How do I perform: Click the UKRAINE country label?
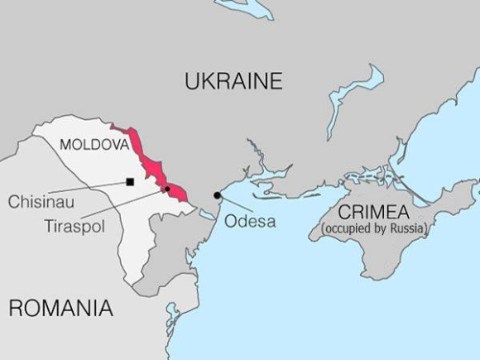pos(233,81)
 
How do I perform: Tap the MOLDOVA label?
pos(94,145)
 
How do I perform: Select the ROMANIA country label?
pos(60,310)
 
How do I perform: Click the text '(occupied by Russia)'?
pos(374,228)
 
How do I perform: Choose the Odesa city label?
pos(249,222)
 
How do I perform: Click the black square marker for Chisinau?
pos(129,182)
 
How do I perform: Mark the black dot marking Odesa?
pos(218,195)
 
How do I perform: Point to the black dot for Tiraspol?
pos(167,189)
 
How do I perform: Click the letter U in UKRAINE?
pos(193,81)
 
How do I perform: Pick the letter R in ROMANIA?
pos(16,310)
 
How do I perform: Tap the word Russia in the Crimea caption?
pos(406,228)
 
